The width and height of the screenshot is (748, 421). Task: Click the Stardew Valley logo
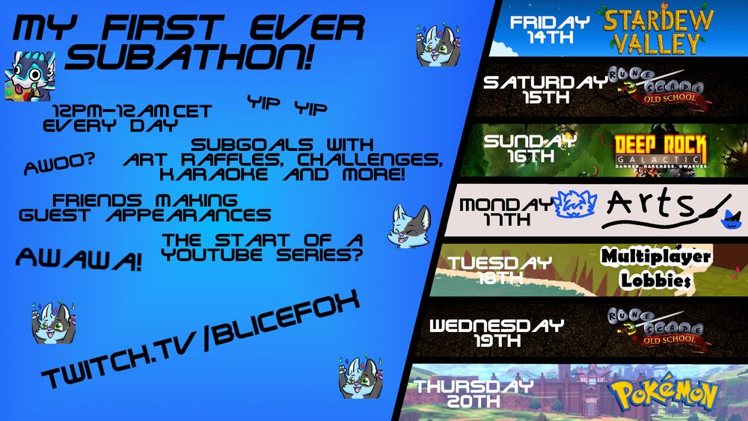658,31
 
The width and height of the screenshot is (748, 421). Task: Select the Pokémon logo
663,394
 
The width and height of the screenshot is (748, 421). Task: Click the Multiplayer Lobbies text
655,269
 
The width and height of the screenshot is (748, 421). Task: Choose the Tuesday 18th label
500,269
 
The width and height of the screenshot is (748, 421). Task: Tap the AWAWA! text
79,259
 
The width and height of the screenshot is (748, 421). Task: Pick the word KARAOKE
202,174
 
